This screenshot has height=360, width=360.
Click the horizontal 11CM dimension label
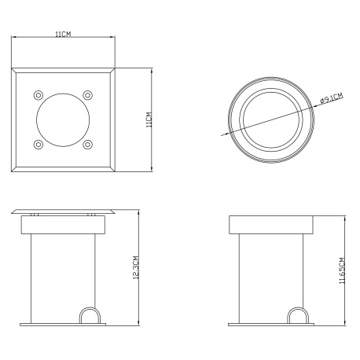point(63,34)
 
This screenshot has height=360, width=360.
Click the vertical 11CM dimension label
point(149,119)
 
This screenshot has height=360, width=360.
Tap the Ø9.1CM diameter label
point(332,98)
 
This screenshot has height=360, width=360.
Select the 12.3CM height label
point(136,267)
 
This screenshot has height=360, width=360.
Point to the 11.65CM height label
point(342,270)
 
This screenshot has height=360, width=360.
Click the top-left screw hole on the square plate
point(39,95)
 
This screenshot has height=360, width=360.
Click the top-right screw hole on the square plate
point(87,95)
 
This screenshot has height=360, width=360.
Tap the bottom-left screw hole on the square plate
point(39,145)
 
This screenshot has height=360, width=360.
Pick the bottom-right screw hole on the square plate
point(87,145)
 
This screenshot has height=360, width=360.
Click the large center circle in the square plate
point(63,94)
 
